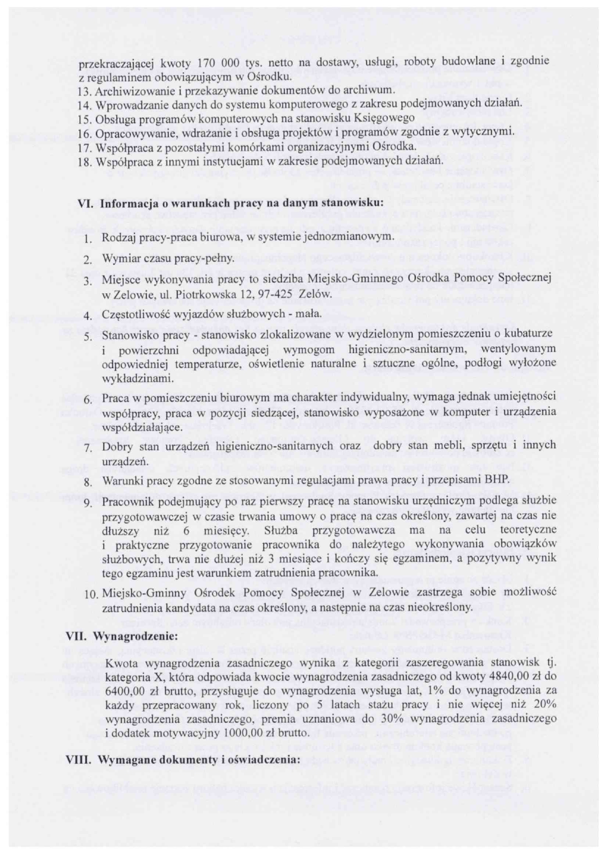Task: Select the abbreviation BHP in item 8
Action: pyautogui.click(x=498, y=480)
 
